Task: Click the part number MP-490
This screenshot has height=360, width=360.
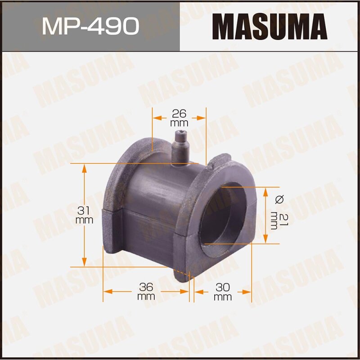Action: tap(90, 26)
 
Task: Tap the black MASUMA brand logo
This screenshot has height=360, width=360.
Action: tap(270, 26)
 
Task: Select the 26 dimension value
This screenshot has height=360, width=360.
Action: tap(179, 113)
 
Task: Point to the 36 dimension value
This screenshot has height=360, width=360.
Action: tap(146, 287)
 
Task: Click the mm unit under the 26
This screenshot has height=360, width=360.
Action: tap(179, 122)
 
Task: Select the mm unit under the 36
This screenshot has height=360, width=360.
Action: tap(146, 297)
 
